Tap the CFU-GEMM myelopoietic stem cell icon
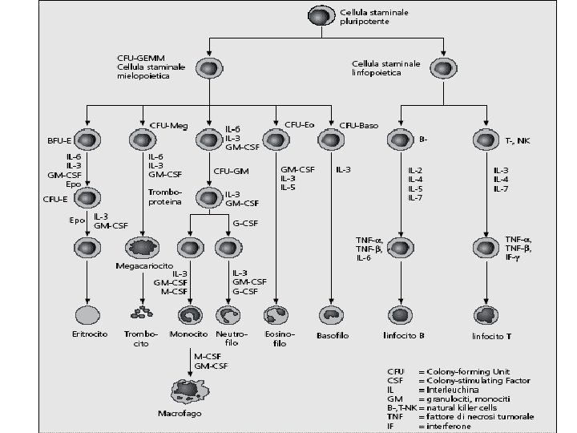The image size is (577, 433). coord(210,71)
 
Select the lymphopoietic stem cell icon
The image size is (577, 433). coord(440,71)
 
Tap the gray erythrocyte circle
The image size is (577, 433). coord(87,314)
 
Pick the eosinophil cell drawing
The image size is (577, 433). coord(276,314)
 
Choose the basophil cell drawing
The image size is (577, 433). coord(332,314)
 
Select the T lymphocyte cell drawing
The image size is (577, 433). coord(486,314)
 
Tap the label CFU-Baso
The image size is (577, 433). coord(358,125)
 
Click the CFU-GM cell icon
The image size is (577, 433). coord(210,196)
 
